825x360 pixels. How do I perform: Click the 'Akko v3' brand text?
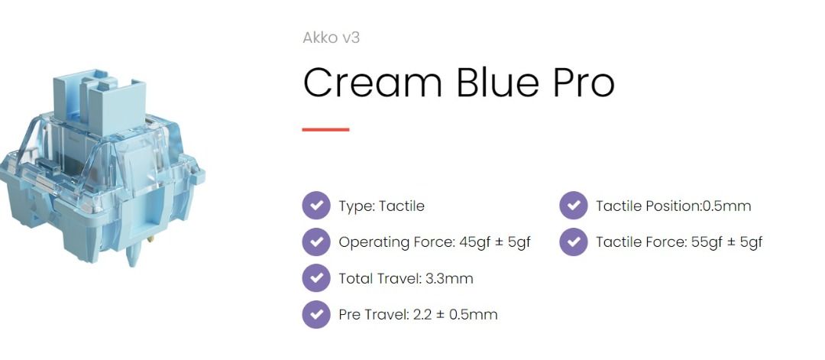(331, 37)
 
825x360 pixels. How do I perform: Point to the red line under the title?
(325, 130)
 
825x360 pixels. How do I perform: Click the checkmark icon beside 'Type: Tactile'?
(316, 206)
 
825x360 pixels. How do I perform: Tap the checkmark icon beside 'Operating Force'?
(316, 242)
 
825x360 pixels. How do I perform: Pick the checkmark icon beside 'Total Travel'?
(316, 278)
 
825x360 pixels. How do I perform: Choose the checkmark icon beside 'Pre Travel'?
(316, 314)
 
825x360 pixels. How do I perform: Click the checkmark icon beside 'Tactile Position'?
(573, 206)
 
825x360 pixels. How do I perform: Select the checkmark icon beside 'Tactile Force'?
(573, 242)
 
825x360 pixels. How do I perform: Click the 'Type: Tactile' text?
(381, 206)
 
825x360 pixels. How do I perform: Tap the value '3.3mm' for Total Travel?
(448, 278)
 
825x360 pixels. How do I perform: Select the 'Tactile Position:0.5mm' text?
(673, 206)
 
